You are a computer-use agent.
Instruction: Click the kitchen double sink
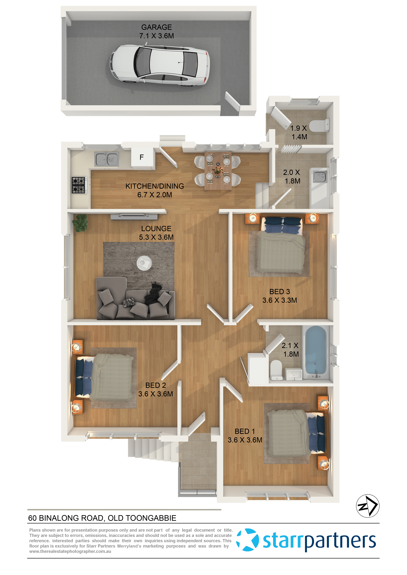tap(107, 159)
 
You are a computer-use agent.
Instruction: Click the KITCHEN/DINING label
tap(155, 186)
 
